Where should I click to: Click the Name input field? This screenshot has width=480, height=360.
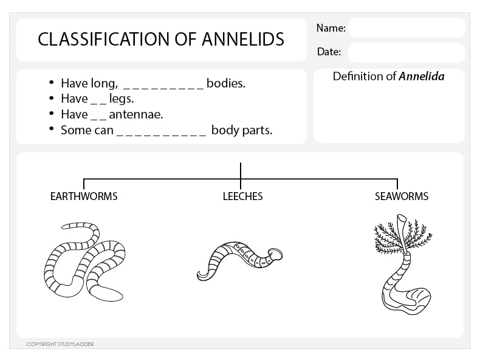pyautogui.click(x=406, y=28)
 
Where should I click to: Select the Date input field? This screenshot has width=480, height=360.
pyautogui.click(x=406, y=52)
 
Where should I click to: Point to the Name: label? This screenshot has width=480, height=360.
pyautogui.click(x=331, y=28)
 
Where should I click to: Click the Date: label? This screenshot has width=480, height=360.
pyautogui.click(x=329, y=52)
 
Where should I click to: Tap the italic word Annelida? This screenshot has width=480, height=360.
pyautogui.click(x=422, y=77)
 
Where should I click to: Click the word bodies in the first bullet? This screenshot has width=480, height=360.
pyautogui.click(x=225, y=83)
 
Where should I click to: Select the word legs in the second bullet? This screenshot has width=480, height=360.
pyautogui.click(x=122, y=99)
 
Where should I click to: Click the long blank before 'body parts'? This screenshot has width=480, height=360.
pyautogui.click(x=161, y=131)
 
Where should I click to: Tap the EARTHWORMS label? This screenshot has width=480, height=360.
pyautogui.click(x=84, y=196)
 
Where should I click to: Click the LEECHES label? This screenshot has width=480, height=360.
pyautogui.click(x=242, y=196)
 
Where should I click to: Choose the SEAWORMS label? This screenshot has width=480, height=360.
pyautogui.click(x=401, y=196)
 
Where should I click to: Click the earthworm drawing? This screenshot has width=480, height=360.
pyautogui.click(x=84, y=261)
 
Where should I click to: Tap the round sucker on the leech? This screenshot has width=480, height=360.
pyautogui.click(x=275, y=254)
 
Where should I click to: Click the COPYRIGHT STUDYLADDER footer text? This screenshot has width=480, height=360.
pyautogui.click(x=60, y=344)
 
